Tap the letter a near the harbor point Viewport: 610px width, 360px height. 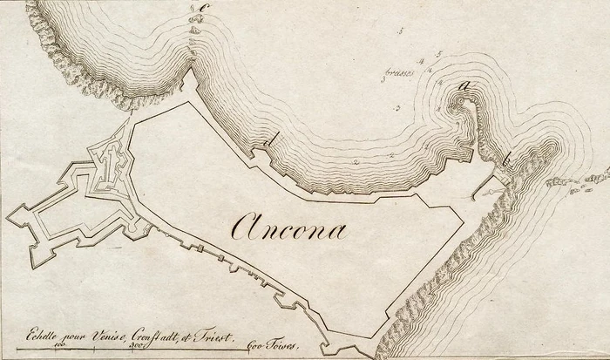(465, 85)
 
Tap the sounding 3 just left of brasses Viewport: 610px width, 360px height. (383, 80)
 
